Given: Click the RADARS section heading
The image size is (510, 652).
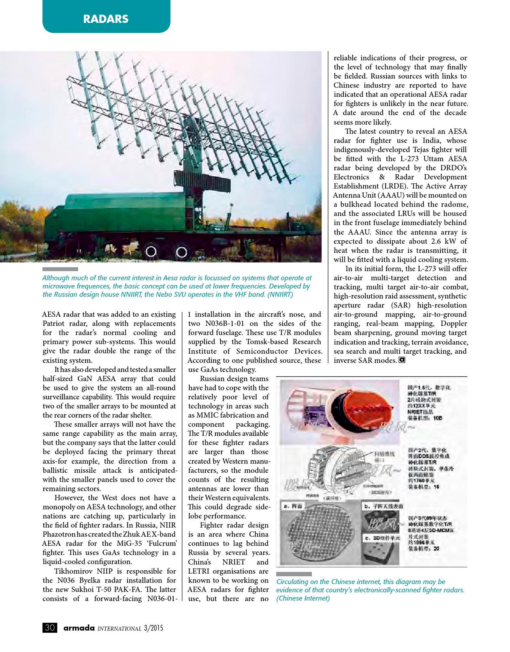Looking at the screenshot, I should click(x=106, y=19).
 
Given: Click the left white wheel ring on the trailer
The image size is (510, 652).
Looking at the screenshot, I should click(x=151, y=252).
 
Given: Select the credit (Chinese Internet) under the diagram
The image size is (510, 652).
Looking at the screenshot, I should click(x=303, y=598).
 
